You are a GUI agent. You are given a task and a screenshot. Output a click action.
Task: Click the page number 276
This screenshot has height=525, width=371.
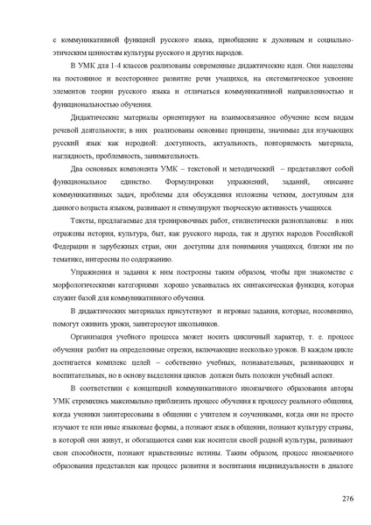click(x=347, y=497)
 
